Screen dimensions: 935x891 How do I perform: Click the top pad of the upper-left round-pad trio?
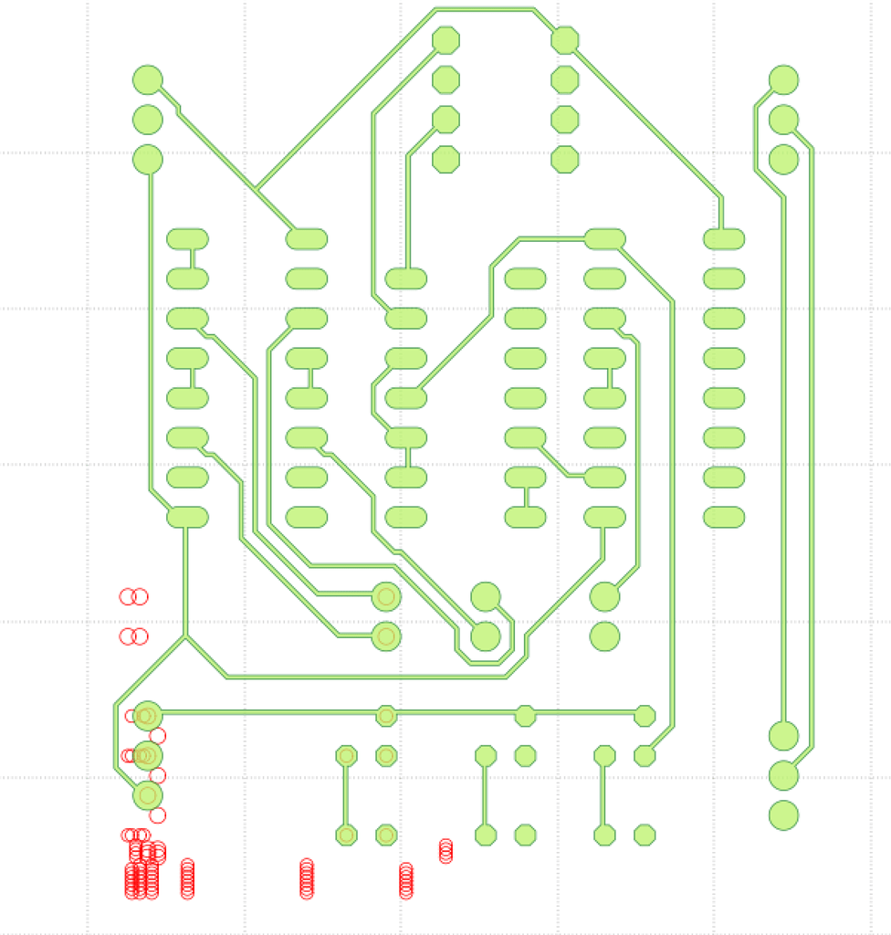pyautogui.click(x=147, y=79)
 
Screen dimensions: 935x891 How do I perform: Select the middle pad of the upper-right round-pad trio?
pyautogui.click(x=783, y=120)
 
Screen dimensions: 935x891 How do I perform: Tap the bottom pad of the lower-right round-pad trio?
pyautogui.click(x=783, y=814)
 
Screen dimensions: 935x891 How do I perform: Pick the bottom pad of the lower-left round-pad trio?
pyautogui.click(x=147, y=795)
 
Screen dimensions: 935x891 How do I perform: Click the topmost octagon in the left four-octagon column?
pyautogui.click(x=445, y=40)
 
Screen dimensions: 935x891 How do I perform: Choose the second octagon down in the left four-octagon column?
pyautogui.click(x=445, y=79)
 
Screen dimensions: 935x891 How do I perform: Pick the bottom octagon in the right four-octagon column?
pyautogui.click(x=565, y=159)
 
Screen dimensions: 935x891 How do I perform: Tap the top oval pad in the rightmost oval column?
pyautogui.click(x=724, y=239)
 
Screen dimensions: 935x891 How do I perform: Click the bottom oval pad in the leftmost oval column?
pyautogui.click(x=188, y=517)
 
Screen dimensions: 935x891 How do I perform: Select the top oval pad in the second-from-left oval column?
pyautogui.click(x=307, y=239)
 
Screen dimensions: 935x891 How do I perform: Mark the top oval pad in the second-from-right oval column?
pyautogui.click(x=604, y=239)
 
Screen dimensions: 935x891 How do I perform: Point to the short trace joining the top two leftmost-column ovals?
pyautogui.click(x=193, y=258)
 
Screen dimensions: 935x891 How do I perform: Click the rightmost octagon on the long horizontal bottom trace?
pyautogui.click(x=645, y=716)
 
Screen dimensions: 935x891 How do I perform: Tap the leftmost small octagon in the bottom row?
pyautogui.click(x=346, y=835)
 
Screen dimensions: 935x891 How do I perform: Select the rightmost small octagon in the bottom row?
pyautogui.click(x=645, y=835)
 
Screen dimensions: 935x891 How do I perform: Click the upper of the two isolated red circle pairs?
pyautogui.click(x=133, y=596)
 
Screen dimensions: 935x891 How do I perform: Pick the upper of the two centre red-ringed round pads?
pyautogui.click(x=386, y=596)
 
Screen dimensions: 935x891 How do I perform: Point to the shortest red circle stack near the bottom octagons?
pyautogui.click(x=445, y=851)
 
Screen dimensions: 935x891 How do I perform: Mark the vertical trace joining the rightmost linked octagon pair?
pyautogui.click(x=603, y=795)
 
